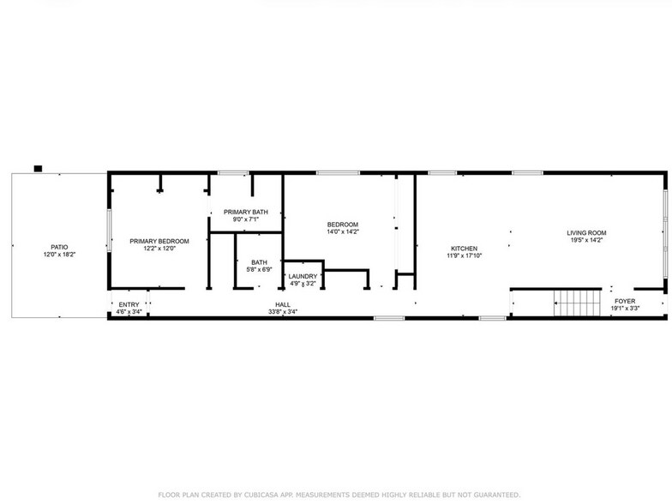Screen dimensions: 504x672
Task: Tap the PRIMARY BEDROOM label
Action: coord(159,242)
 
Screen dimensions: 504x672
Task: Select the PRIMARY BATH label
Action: coord(245,212)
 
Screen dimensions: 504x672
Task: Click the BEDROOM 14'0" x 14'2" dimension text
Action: coord(343,231)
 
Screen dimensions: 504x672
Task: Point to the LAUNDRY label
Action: coord(303,276)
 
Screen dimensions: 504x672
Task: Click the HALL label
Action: coord(282,304)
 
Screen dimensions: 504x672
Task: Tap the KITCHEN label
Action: coord(464,248)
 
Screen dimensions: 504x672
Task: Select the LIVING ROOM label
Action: coord(586,232)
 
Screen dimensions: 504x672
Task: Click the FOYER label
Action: coord(625,302)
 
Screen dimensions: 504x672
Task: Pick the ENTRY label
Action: coord(129,304)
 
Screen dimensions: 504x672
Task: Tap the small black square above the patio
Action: coord(38,168)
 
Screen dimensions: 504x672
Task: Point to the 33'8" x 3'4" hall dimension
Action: coord(282,312)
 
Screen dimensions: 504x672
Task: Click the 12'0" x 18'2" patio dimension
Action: coord(59,255)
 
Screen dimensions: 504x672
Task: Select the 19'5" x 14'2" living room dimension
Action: coord(586,240)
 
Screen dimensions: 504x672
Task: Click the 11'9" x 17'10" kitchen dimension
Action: coord(464,255)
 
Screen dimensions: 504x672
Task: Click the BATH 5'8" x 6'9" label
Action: coord(261,267)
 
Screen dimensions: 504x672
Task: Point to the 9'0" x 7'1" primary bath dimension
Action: coord(245,219)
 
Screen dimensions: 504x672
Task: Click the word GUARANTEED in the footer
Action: coord(490,495)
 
